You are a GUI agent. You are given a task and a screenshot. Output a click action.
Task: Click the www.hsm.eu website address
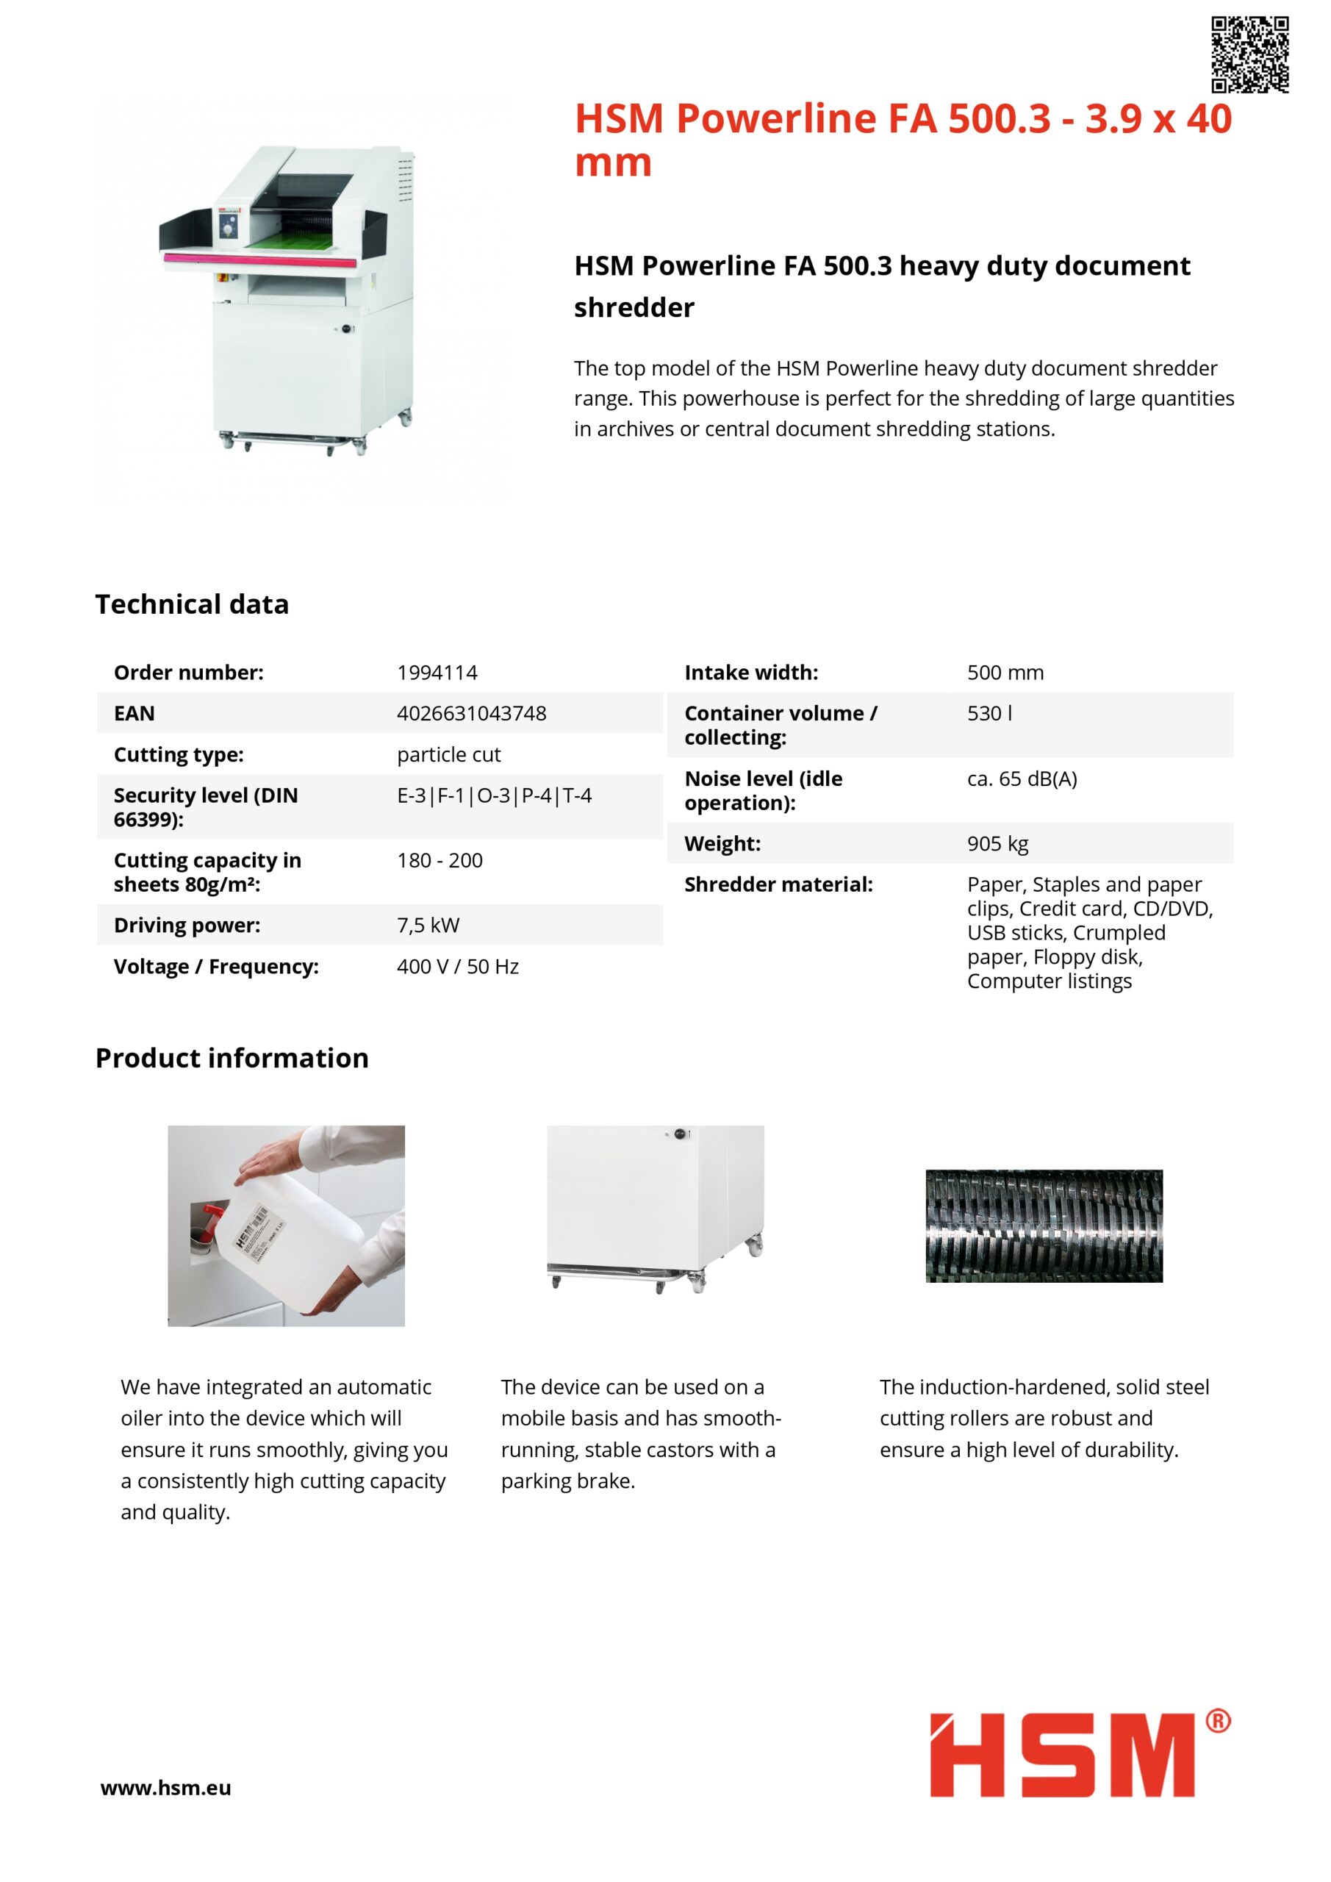pos(165,1788)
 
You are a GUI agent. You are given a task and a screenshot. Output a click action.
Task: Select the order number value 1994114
pos(437,672)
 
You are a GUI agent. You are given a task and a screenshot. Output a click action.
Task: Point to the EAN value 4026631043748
pos(471,713)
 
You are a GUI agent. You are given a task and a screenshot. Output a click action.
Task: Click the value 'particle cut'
pos(448,754)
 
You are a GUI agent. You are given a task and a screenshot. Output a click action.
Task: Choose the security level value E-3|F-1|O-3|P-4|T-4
pos(494,795)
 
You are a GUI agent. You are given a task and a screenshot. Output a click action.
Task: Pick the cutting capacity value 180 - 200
pos(440,860)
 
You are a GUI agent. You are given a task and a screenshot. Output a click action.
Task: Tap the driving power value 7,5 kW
pos(428,925)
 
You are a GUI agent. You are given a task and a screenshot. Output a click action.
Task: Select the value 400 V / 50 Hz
pos(457,967)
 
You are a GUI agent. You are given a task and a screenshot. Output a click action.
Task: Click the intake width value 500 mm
pos(1005,672)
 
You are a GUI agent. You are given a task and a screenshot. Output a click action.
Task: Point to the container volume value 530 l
pos(989,713)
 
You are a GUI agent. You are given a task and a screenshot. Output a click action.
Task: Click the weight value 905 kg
pos(997,843)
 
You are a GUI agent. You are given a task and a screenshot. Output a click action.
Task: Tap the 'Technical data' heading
pos(192,604)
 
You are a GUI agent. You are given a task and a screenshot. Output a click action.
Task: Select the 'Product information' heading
pos(232,1057)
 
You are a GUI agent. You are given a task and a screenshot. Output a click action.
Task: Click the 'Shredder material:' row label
pos(778,884)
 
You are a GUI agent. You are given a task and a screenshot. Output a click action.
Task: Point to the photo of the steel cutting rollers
pos(1044,1226)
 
